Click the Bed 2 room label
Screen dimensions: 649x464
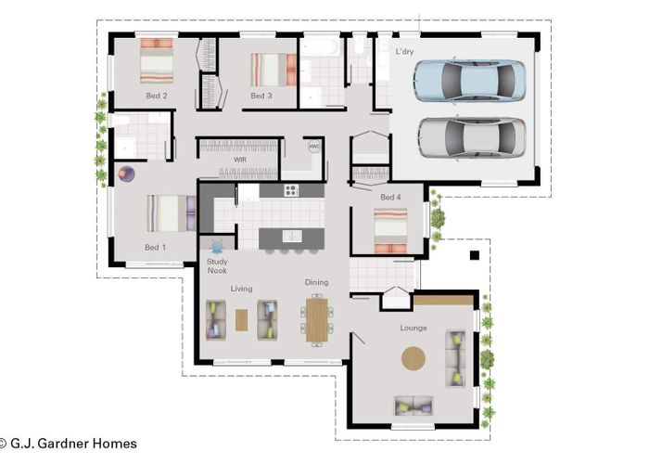157,96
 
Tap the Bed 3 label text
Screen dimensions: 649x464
261,96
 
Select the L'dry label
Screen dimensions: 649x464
404,51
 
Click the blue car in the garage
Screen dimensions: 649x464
470,81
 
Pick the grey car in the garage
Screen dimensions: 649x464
472,137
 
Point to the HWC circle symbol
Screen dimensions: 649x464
314,147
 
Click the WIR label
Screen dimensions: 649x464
240,160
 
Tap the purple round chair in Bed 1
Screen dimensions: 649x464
126,174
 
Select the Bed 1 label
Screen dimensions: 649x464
155,248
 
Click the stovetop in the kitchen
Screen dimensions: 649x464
291,190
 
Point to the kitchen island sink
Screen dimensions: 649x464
292,236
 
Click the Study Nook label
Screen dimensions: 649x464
217,266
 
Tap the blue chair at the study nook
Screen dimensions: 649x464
216,247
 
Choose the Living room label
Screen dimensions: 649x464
241,289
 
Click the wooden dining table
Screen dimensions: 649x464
317,320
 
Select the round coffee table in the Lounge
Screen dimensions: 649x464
414,358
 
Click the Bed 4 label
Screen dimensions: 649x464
390,197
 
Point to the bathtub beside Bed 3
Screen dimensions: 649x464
321,46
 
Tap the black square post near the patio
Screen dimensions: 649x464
475,255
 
